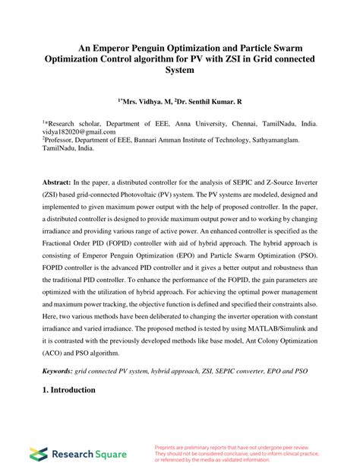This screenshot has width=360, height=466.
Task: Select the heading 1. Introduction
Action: [x=68, y=390]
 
